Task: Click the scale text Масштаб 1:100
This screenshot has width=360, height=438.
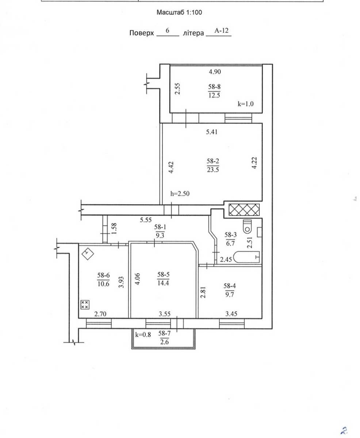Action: [179, 12]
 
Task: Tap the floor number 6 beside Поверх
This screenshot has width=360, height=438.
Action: [168, 30]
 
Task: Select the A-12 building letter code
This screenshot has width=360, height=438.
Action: [222, 31]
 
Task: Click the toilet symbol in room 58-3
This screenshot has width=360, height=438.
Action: [248, 227]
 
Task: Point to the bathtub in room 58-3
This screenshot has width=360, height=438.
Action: [246, 257]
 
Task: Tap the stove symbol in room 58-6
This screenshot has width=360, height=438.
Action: [85, 304]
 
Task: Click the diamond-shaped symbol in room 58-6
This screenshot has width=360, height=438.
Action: [88, 254]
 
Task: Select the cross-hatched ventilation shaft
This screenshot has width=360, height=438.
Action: [244, 210]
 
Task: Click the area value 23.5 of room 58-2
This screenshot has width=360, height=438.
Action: [213, 170]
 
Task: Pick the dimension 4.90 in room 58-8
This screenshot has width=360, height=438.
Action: [215, 72]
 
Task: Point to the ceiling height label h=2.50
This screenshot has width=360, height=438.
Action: [180, 193]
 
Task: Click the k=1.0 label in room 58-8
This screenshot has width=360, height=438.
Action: [246, 104]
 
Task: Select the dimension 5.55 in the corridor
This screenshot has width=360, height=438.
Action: [146, 220]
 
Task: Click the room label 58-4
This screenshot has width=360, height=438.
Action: [230, 286]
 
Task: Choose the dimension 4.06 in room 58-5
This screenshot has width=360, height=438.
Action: [138, 279]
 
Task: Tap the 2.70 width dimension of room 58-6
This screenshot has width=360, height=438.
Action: [100, 314]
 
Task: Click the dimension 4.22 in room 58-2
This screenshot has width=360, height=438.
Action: [254, 163]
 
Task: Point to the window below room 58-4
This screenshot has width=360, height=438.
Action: [232, 323]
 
